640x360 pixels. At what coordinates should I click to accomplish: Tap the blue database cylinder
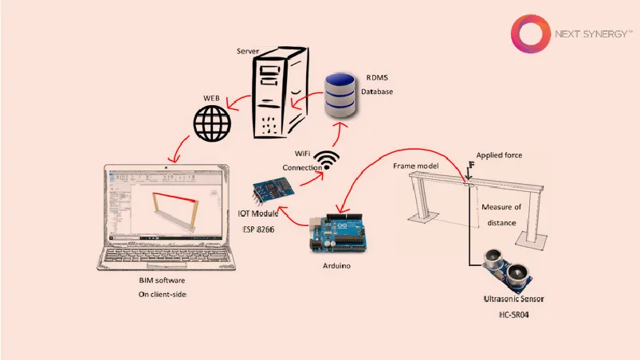click(341, 94)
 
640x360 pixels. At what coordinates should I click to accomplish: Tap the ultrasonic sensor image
click(511, 271)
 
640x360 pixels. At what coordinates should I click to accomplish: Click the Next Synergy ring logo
click(528, 37)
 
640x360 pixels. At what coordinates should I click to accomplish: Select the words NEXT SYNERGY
click(592, 34)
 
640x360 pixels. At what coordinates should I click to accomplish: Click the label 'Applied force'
click(499, 155)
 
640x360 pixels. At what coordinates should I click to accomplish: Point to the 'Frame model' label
click(416, 166)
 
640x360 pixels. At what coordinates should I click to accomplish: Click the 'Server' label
click(249, 51)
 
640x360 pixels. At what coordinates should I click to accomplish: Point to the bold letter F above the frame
click(471, 166)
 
